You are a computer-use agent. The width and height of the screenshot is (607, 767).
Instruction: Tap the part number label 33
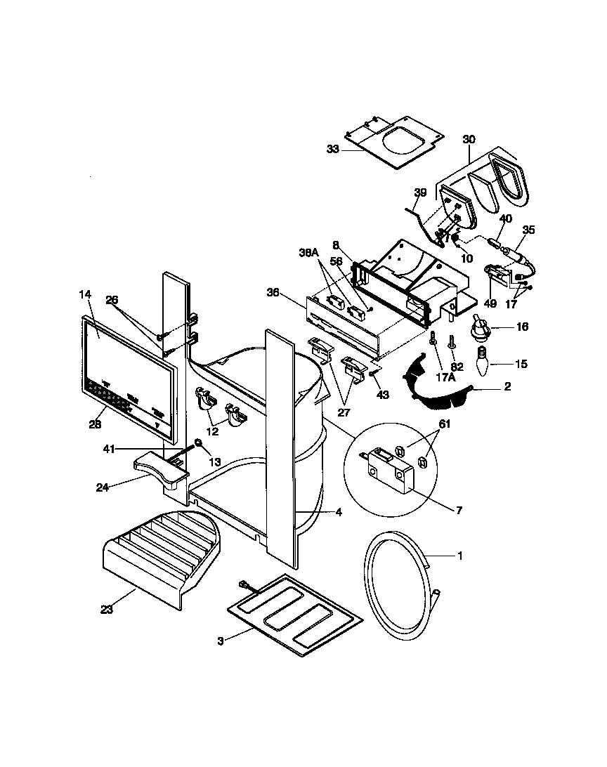pyautogui.click(x=333, y=149)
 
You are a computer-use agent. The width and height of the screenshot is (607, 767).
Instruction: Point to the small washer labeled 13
pyautogui.click(x=199, y=443)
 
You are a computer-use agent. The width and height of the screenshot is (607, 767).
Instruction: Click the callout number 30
pyautogui.click(x=469, y=139)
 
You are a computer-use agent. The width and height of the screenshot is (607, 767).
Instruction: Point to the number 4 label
pyautogui.click(x=339, y=513)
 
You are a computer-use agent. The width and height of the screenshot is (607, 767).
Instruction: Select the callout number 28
pyautogui.click(x=96, y=424)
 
